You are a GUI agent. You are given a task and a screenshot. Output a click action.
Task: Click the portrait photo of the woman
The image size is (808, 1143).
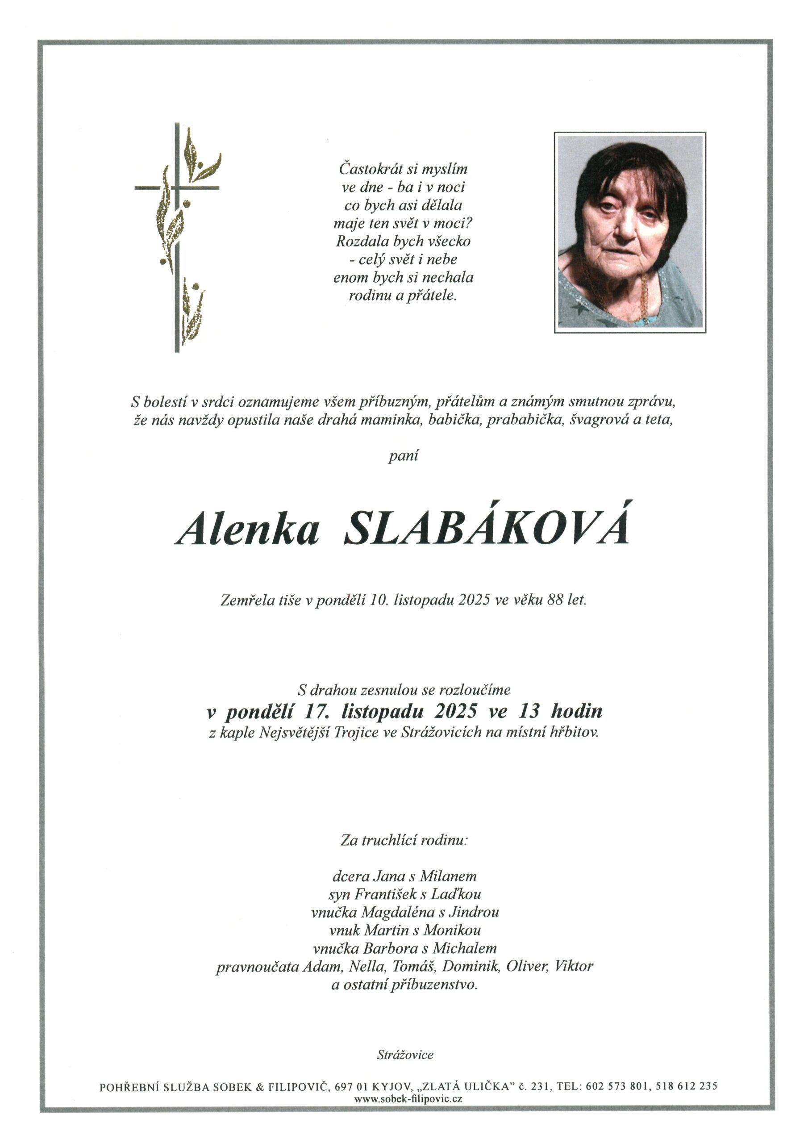630,232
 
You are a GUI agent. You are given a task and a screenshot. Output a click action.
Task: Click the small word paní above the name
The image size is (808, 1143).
403,455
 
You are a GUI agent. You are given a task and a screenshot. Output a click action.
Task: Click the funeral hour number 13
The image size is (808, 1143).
529,711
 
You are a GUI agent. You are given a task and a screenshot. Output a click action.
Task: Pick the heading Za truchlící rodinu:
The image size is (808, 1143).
404,841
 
